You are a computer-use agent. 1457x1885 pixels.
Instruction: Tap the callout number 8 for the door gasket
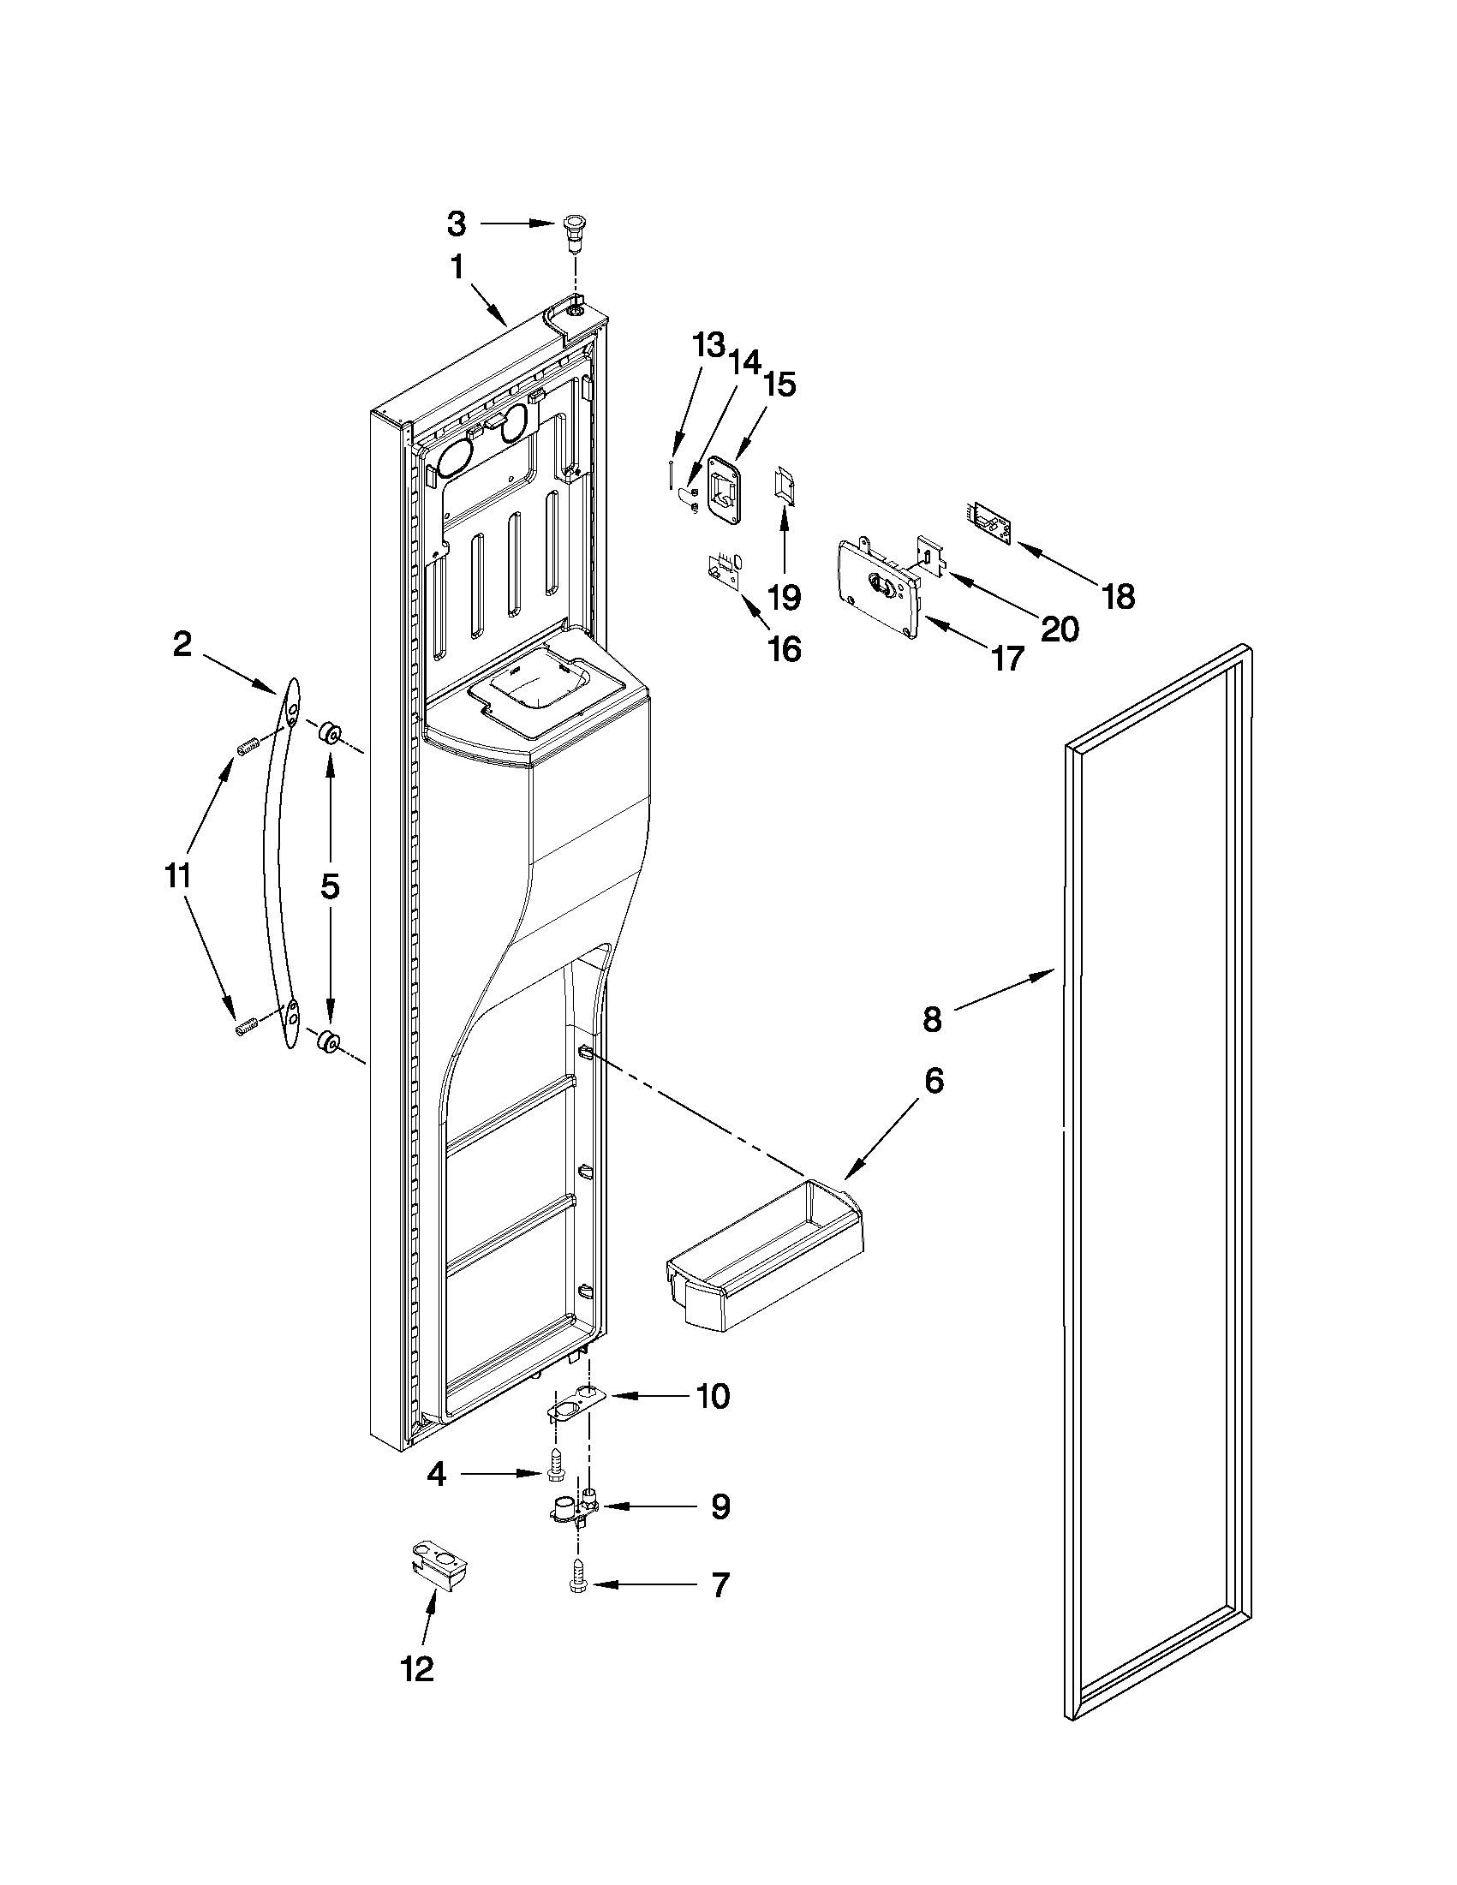click(931, 1019)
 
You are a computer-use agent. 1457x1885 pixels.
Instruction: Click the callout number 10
click(713, 1396)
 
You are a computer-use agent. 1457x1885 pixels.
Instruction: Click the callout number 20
click(1059, 629)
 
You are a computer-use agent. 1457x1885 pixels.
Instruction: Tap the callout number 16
click(784, 648)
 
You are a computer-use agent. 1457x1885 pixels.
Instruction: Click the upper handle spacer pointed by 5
click(329, 735)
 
